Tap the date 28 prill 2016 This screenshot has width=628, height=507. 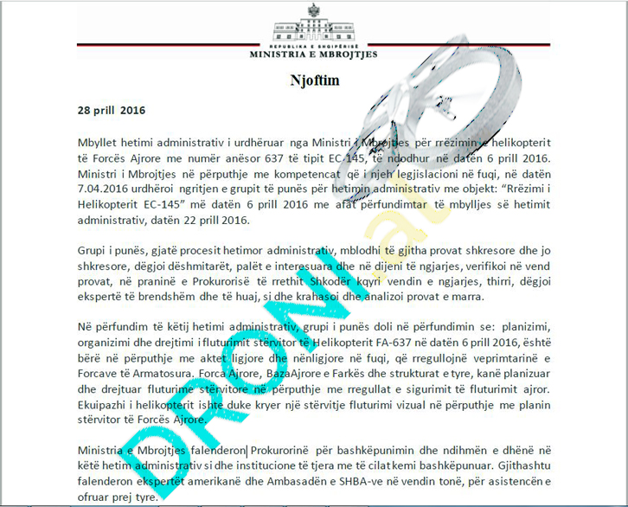pyautogui.click(x=112, y=110)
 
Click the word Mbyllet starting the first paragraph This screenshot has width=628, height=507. pyautogui.click(x=100, y=141)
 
